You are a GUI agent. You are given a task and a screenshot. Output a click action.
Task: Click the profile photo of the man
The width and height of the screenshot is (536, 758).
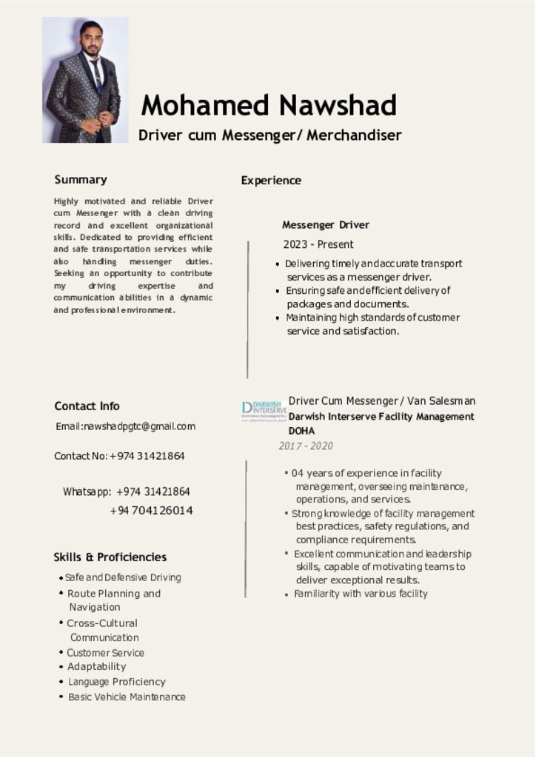point(84,80)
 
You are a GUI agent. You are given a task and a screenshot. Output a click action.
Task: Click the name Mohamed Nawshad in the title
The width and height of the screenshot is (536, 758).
point(269,105)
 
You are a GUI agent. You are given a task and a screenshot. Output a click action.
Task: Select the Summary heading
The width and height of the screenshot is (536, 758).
point(81,179)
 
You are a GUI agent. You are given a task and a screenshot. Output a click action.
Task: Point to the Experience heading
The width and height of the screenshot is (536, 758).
point(271,180)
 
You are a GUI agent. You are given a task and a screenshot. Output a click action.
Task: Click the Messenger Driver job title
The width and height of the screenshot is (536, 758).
point(325,224)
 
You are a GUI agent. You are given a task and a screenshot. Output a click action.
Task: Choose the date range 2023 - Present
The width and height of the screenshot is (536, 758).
point(318,244)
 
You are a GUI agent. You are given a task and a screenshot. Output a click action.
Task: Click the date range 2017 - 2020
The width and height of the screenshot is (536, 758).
point(306,446)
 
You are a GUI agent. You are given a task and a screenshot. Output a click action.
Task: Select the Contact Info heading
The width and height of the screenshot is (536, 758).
point(87,406)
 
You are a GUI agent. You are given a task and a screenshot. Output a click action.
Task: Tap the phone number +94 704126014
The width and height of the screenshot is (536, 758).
point(151,511)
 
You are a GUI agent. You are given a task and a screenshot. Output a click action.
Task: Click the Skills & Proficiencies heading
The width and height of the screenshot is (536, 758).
point(110,557)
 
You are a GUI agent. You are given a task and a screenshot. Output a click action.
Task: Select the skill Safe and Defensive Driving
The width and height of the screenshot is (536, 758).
point(123,577)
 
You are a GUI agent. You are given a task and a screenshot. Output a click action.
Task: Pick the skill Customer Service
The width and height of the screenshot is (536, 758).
point(106,653)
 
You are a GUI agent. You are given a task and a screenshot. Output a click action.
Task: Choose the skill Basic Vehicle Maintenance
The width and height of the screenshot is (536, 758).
point(127,697)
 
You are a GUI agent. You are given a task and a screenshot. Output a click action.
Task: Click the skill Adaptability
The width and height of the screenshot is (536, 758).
point(97,666)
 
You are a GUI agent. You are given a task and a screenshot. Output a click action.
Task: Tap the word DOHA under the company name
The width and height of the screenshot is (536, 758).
point(301,431)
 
